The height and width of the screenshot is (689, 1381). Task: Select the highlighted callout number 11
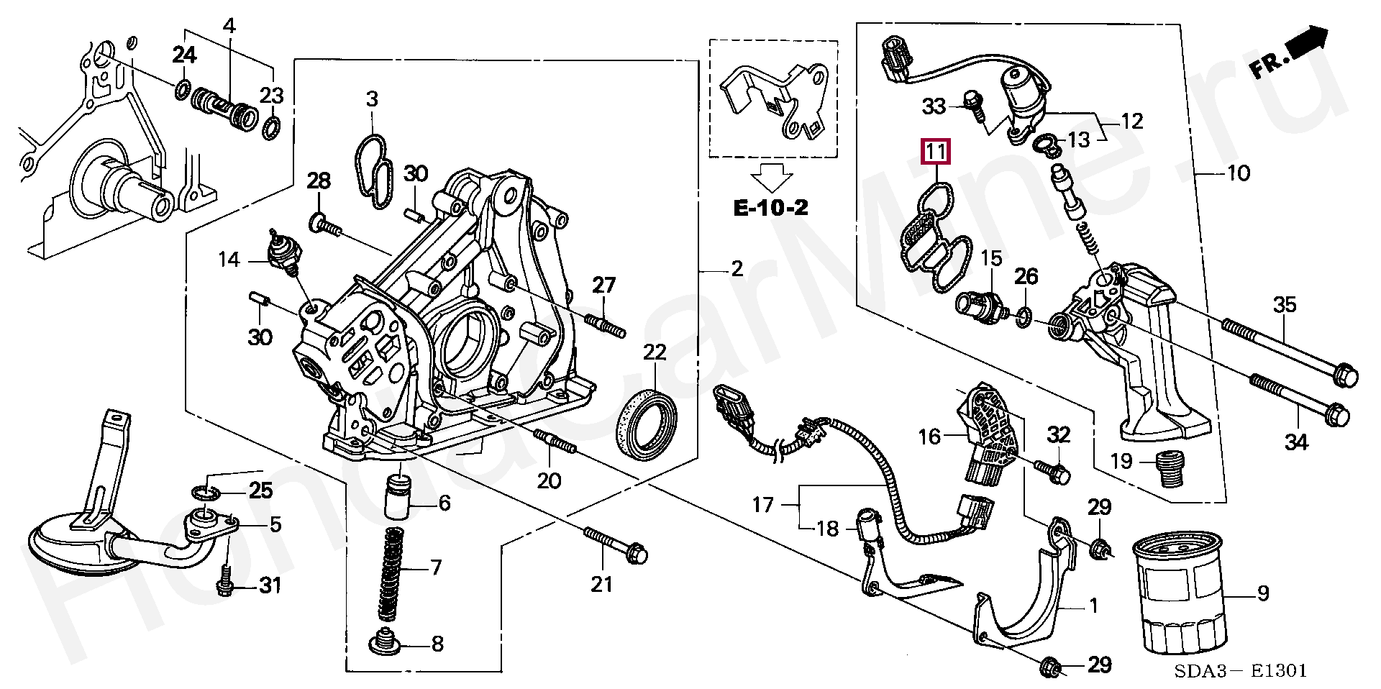click(936, 152)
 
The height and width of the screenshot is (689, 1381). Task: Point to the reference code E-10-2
click(770, 208)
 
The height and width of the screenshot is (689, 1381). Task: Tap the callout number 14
click(229, 259)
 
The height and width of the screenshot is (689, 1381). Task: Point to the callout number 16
click(929, 436)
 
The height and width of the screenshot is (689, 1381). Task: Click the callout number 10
click(1239, 173)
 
